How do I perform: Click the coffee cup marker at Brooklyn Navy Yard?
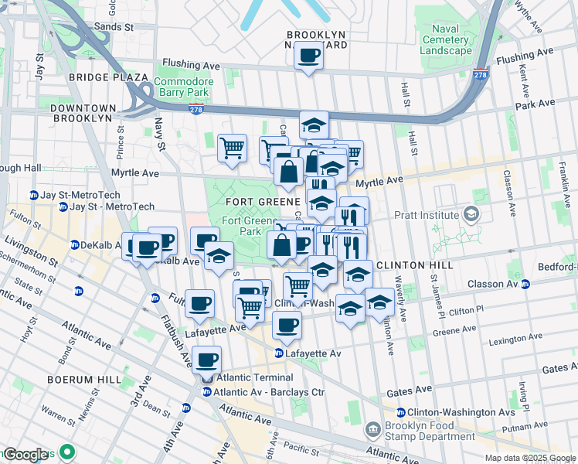click(308, 56)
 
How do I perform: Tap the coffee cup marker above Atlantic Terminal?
click(206, 360)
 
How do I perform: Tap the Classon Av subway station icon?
click(525, 285)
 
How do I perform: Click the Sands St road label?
click(113, 26)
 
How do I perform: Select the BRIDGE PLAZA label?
click(107, 77)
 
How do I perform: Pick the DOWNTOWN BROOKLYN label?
click(83, 113)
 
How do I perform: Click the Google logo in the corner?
click(26, 455)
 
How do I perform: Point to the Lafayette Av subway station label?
click(314, 353)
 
